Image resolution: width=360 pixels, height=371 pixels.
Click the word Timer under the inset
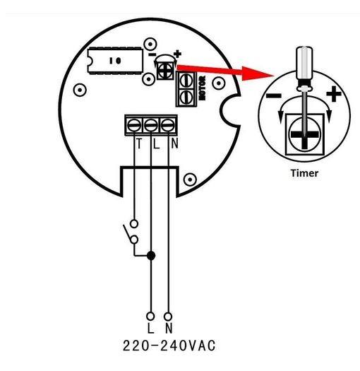304,173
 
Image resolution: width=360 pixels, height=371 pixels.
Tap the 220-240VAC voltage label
169,346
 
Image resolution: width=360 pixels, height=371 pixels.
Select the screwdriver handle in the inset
304,64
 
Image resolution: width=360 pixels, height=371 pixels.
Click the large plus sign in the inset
334,94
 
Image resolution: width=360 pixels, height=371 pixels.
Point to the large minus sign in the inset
274,96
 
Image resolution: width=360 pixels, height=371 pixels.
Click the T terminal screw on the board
134,125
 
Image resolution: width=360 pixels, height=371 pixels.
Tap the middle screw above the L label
151,125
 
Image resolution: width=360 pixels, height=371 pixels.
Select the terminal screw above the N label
167,125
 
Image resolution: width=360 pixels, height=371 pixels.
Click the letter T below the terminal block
139,143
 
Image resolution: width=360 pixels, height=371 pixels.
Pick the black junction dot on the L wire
151,256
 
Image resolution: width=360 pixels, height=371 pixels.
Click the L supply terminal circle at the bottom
150,316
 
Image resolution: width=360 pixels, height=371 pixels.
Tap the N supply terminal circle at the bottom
168,316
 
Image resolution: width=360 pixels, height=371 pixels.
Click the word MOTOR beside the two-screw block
203,88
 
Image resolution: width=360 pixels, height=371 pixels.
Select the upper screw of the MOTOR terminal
186,81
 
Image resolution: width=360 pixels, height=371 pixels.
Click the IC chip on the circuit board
115,61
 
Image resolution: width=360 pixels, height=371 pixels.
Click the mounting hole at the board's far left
80,90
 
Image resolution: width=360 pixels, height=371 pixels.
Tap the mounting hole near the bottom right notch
190,179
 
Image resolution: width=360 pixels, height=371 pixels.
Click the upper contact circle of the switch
134,223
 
